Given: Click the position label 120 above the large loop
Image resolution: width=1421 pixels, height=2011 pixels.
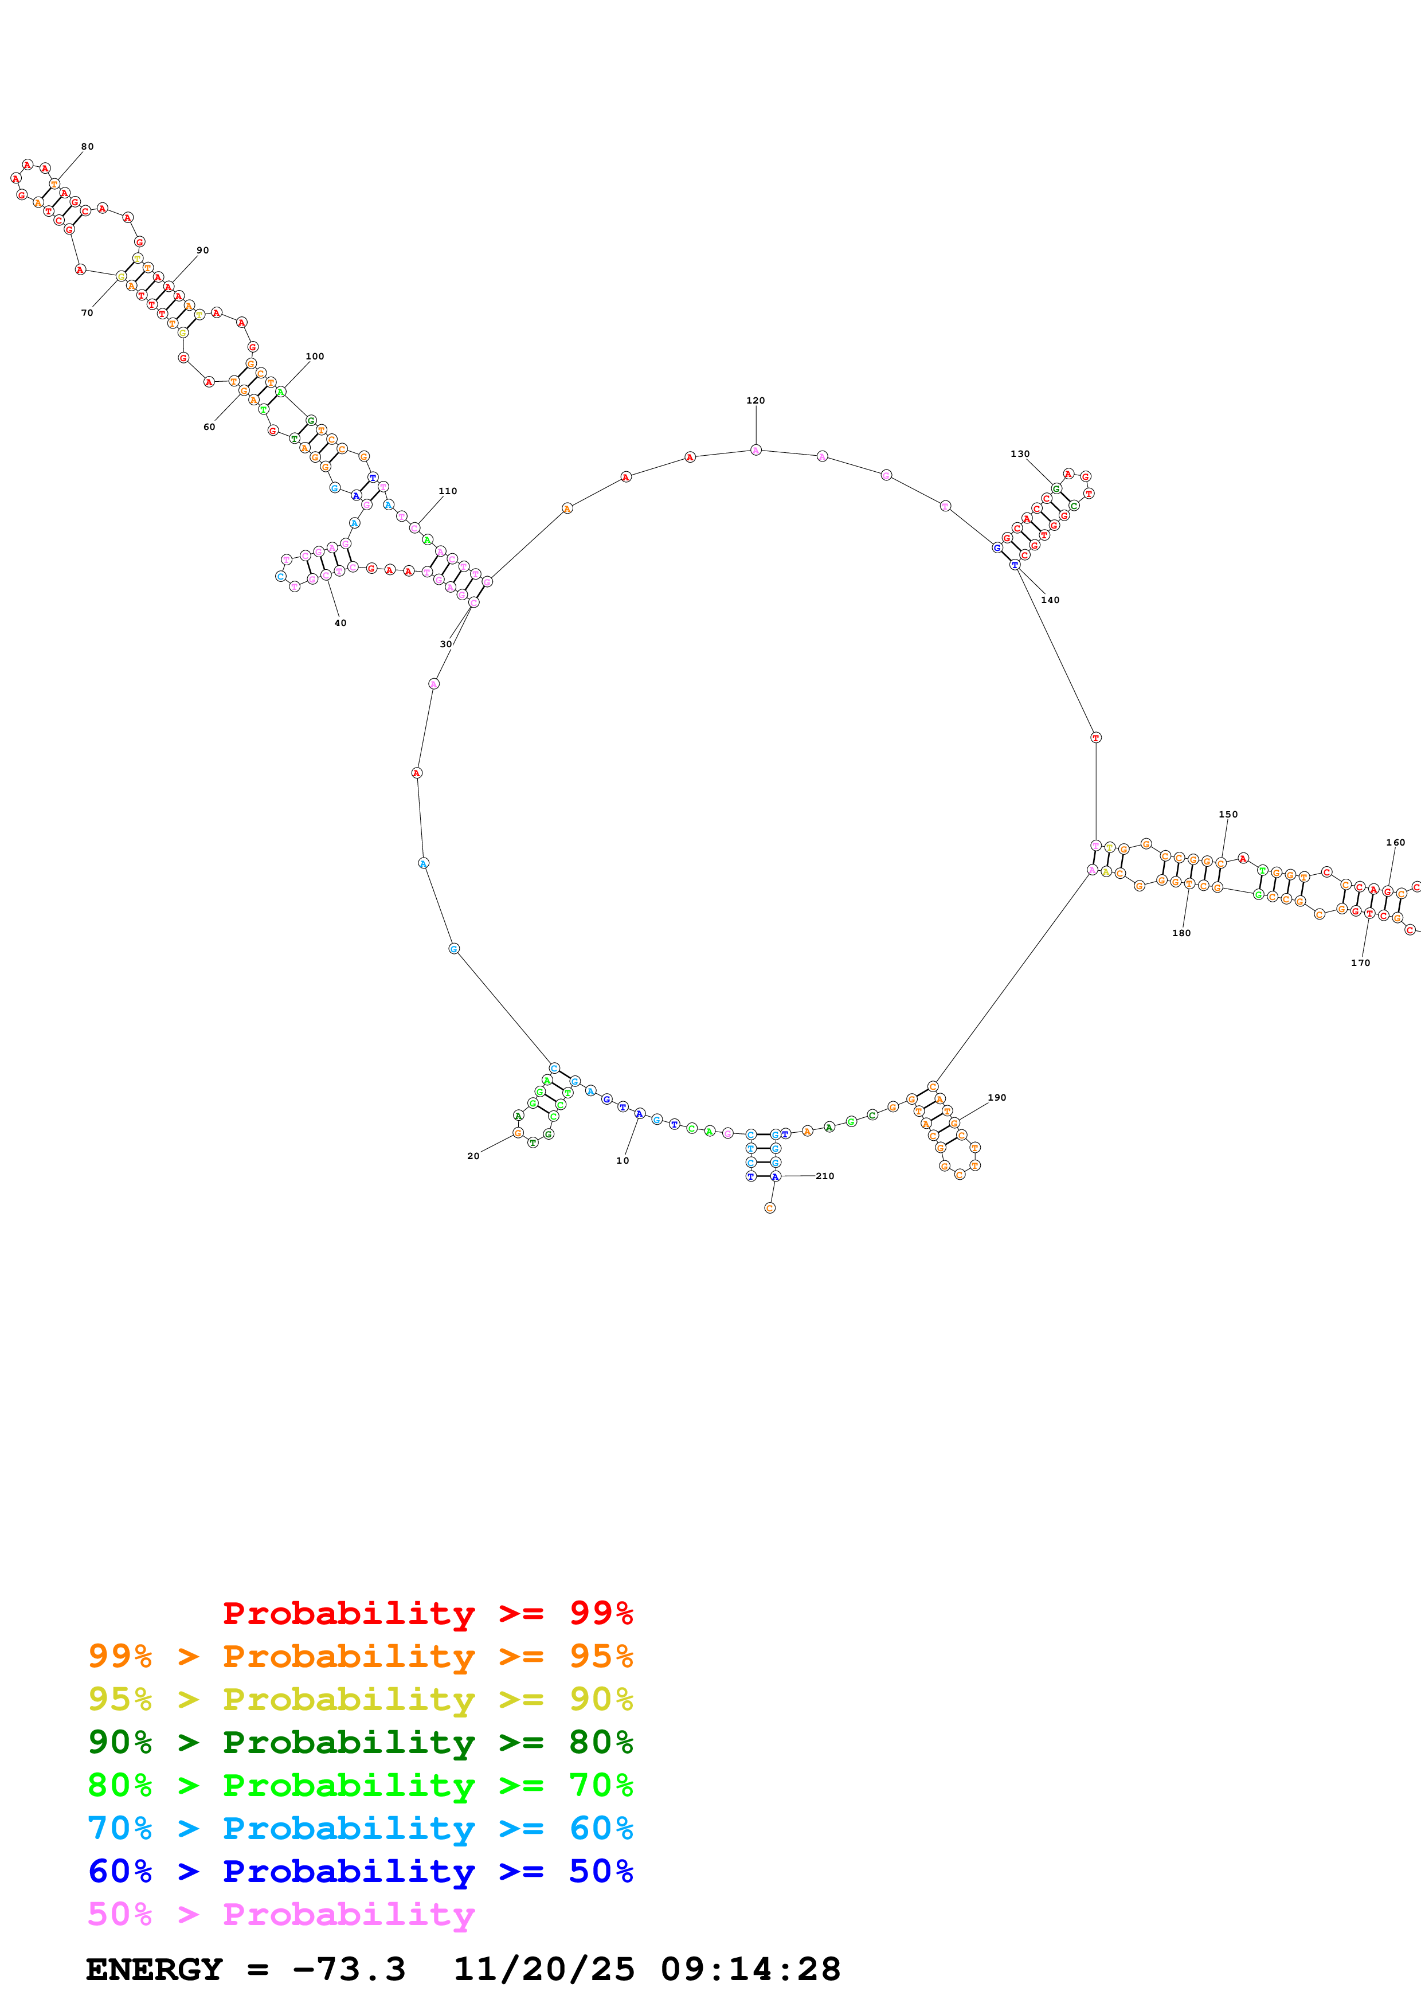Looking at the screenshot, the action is click(755, 400).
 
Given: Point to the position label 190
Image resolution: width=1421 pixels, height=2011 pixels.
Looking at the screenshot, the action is click(996, 1097).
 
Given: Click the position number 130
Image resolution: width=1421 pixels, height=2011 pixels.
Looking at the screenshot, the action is click(1019, 453).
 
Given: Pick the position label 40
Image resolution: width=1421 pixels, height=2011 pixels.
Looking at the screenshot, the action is click(340, 623).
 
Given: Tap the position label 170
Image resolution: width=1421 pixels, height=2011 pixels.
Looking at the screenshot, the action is click(1360, 963).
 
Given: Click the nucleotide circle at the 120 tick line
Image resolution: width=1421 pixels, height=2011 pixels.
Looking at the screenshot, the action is click(755, 450).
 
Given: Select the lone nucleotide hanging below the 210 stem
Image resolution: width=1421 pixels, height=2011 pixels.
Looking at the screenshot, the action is click(770, 1208).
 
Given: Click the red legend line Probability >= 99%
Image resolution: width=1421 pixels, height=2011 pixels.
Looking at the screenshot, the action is click(427, 1613).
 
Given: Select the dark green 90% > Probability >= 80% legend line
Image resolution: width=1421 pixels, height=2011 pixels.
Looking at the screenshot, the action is click(360, 1742).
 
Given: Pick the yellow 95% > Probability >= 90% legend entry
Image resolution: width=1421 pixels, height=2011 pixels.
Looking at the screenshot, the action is click(360, 1699).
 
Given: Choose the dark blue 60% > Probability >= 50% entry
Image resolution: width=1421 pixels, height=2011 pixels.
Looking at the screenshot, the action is click(360, 1871).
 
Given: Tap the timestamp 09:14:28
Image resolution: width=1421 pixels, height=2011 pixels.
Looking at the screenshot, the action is click(750, 1969).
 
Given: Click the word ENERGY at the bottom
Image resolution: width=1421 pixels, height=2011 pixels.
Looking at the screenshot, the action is click(154, 1969).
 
